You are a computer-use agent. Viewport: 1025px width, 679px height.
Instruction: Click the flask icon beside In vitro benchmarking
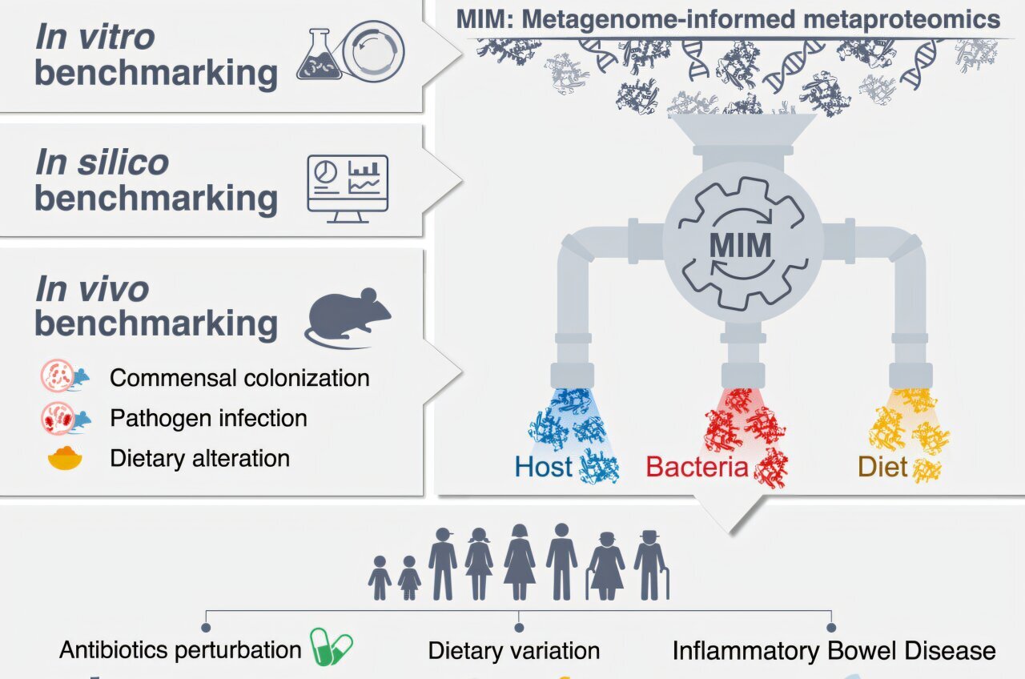[319, 55]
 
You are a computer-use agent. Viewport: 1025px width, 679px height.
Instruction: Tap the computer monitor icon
[348, 183]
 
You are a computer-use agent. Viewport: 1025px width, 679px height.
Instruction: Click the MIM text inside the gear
[740, 245]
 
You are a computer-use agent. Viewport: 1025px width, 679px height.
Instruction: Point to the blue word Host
[544, 467]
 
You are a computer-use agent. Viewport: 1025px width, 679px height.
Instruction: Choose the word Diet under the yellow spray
[882, 467]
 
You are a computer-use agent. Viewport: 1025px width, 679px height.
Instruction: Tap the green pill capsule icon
[332, 647]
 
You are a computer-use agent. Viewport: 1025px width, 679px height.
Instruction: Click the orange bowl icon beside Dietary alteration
[65, 459]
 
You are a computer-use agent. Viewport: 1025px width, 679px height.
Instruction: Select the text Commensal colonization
[239, 378]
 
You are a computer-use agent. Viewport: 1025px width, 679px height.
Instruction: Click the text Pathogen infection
[208, 418]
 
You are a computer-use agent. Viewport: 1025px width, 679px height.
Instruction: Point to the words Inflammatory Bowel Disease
[834, 651]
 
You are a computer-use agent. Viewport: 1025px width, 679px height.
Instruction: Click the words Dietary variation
[514, 651]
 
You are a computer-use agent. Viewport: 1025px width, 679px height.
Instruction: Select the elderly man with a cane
[651, 565]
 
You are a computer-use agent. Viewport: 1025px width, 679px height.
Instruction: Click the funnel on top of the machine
[742, 133]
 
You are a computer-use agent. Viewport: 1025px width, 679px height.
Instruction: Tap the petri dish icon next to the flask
[373, 54]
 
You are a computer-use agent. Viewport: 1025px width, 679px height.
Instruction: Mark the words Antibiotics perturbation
[180, 649]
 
